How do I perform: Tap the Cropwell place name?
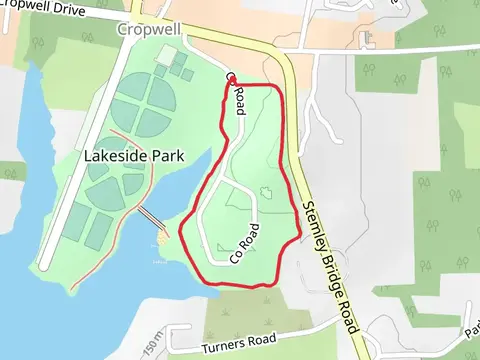click(147, 29)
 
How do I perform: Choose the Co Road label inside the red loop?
click(245, 243)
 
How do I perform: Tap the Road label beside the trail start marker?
click(238, 100)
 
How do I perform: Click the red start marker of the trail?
click(231, 79)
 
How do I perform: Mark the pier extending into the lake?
click(151, 219)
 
